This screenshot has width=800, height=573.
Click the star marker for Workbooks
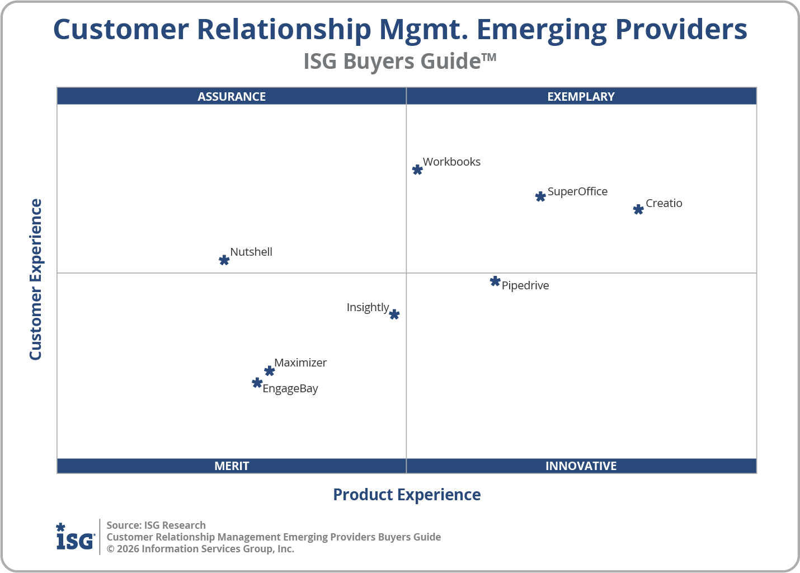pyautogui.click(x=417, y=170)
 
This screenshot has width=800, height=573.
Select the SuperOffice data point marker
pyautogui.click(x=540, y=196)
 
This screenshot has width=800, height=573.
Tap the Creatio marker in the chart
pyautogui.click(x=638, y=209)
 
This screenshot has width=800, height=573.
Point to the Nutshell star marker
pyautogui.click(x=224, y=260)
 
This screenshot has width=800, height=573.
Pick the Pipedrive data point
pyautogui.click(x=495, y=281)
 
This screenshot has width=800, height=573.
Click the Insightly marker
pyautogui.click(x=394, y=314)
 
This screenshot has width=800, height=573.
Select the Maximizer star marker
pyautogui.click(x=270, y=371)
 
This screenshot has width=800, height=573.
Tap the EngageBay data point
pyautogui.click(x=257, y=383)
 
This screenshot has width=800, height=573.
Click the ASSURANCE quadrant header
pyautogui.click(x=232, y=96)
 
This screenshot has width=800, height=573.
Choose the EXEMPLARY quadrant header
pyautogui.click(x=581, y=96)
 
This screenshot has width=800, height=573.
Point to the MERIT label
pyautogui.click(x=232, y=466)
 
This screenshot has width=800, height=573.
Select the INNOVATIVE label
pyautogui.click(x=581, y=466)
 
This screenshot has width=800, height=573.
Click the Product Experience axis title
pyautogui.click(x=407, y=495)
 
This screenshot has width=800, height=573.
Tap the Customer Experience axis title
pyautogui.click(x=36, y=280)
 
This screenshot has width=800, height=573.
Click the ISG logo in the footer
pyautogui.click(x=75, y=537)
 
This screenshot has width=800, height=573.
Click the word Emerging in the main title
pyautogui.click(x=541, y=30)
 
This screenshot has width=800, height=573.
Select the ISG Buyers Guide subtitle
pyautogui.click(x=399, y=61)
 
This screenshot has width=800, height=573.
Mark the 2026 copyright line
pyautogui.click(x=200, y=549)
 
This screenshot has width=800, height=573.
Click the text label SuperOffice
pyautogui.click(x=577, y=191)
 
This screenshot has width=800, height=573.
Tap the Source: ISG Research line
pyautogui.click(x=156, y=525)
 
